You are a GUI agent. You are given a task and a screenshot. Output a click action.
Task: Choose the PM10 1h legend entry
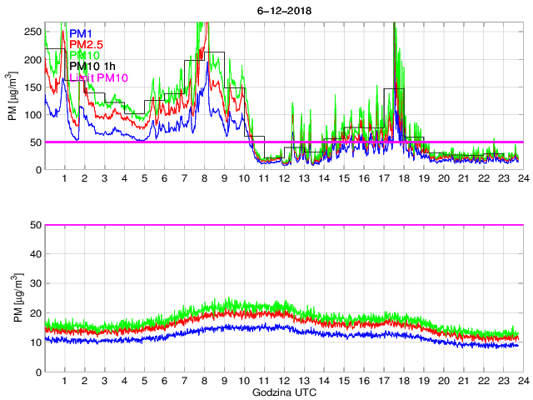click(95, 66)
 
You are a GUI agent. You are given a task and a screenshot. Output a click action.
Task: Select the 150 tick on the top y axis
click(32, 87)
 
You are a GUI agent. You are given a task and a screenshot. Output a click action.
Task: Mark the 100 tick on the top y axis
click(32, 115)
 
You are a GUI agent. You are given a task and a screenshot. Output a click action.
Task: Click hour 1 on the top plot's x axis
click(65, 179)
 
